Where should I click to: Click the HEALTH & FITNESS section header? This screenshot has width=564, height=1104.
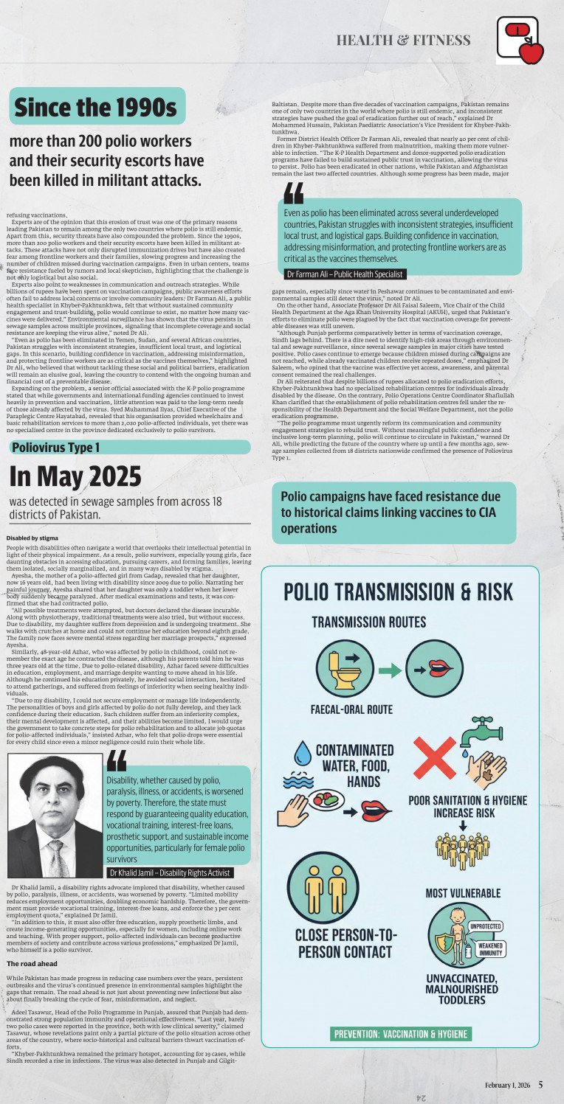pyautogui.click(x=403, y=40)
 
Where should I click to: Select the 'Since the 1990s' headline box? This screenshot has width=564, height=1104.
pyautogui.click(x=97, y=107)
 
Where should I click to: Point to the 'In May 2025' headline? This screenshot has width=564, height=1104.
pyautogui.click(x=75, y=476)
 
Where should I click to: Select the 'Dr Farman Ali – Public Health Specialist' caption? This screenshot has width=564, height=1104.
pyautogui.click(x=345, y=274)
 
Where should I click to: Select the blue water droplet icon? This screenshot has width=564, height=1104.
pyautogui.click(x=303, y=753)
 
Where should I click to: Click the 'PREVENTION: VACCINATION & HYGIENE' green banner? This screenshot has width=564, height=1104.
pyautogui.click(x=400, y=1034)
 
